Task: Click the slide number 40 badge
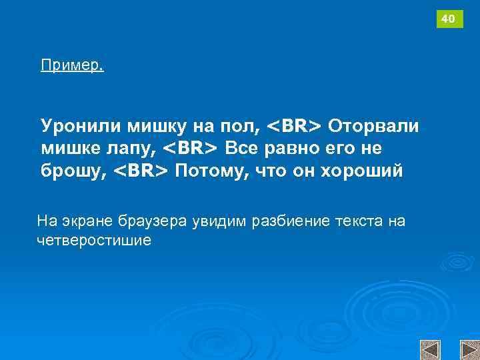click(x=449, y=19)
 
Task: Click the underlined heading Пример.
click(x=72, y=65)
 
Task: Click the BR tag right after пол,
click(x=294, y=125)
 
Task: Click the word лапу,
click(x=133, y=148)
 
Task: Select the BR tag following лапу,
click(x=191, y=147)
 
